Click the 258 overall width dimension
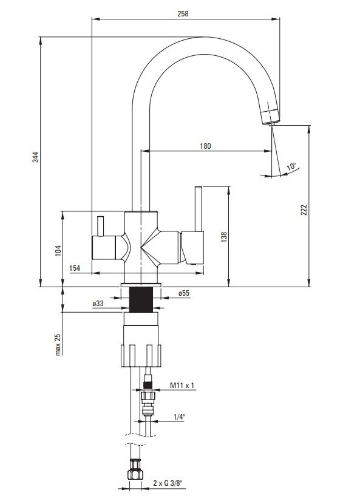(x=183, y=13)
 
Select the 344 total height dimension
(x=35, y=157)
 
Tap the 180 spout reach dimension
(x=205, y=146)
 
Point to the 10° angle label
(x=291, y=166)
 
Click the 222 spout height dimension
(x=304, y=210)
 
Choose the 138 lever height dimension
(x=224, y=237)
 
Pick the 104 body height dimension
(x=58, y=250)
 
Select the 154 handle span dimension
(x=75, y=268)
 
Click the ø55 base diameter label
(x=184, y=293)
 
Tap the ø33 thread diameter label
(x=98, y=304)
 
